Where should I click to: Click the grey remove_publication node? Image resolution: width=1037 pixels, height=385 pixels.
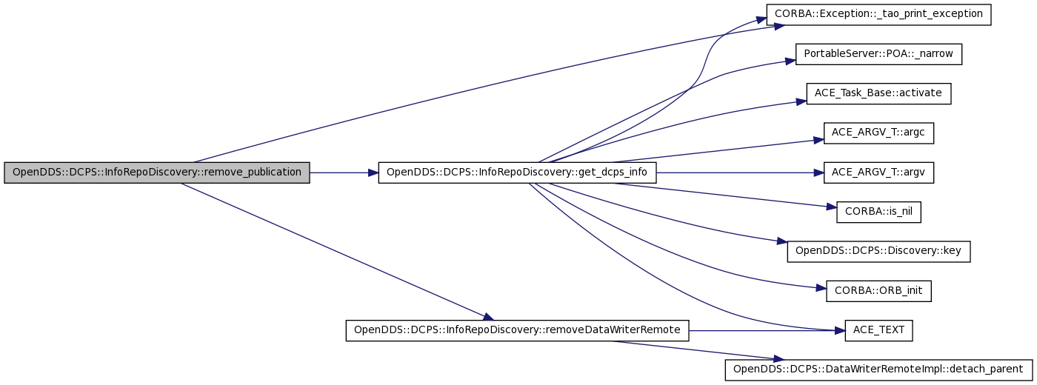pyautogui.click(x=157, y=173)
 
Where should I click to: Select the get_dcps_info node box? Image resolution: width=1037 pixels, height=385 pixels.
pyautogui.click(x=517, y=173)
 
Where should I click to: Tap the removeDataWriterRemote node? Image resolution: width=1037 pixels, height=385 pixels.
pyautogui.click(x=517, y=330)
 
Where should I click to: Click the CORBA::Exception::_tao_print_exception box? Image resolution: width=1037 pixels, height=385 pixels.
pyautogui.click(x=878, y=15)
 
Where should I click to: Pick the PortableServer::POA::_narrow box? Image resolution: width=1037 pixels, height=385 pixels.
pyautogui.click(x=878, y=54)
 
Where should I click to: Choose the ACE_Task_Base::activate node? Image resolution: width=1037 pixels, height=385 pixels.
pyautogui.click(x=878, y=93)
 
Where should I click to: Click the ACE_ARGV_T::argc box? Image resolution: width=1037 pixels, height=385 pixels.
pyautogui.click(x=878, y=133)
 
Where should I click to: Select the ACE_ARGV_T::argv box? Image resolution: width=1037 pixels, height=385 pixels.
pyautogui.click(x=878, y=173)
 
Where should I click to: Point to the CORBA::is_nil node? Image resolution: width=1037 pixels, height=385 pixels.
pyautogui.click(x=878, y=212)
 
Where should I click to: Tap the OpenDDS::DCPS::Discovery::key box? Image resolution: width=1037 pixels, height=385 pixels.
pyautogui.click(x=878, y=251)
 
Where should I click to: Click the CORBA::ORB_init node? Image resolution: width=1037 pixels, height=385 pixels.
pyautogui.click(x=878, y=291)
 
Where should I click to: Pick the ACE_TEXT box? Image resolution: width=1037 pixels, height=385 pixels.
pyautogui.click(x=878, y=330)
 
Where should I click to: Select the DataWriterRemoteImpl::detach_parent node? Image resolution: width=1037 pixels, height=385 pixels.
pyautogui.click(x=878, y=369)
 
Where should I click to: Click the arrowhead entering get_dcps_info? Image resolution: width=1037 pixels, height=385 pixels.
pyautogui.click(x=373, y=173)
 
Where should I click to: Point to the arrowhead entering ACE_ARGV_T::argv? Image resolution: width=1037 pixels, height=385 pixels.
pyautogui.click(x=818, y=173)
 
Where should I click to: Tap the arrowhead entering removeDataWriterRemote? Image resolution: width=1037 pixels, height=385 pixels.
pyautogui.click(x=488, y=318)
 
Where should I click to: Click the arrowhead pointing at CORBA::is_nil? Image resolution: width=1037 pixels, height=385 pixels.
pyautogui.click(x=831, y=207)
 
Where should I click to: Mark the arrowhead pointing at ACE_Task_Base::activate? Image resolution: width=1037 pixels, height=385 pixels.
pyautogui.click(x=801, y=101)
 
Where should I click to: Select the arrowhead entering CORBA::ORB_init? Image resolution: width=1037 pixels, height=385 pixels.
pyautogui.click(x=821, y=288)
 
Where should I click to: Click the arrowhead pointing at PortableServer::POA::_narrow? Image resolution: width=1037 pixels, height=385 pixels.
pyautogui.click(x=791, y=61)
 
